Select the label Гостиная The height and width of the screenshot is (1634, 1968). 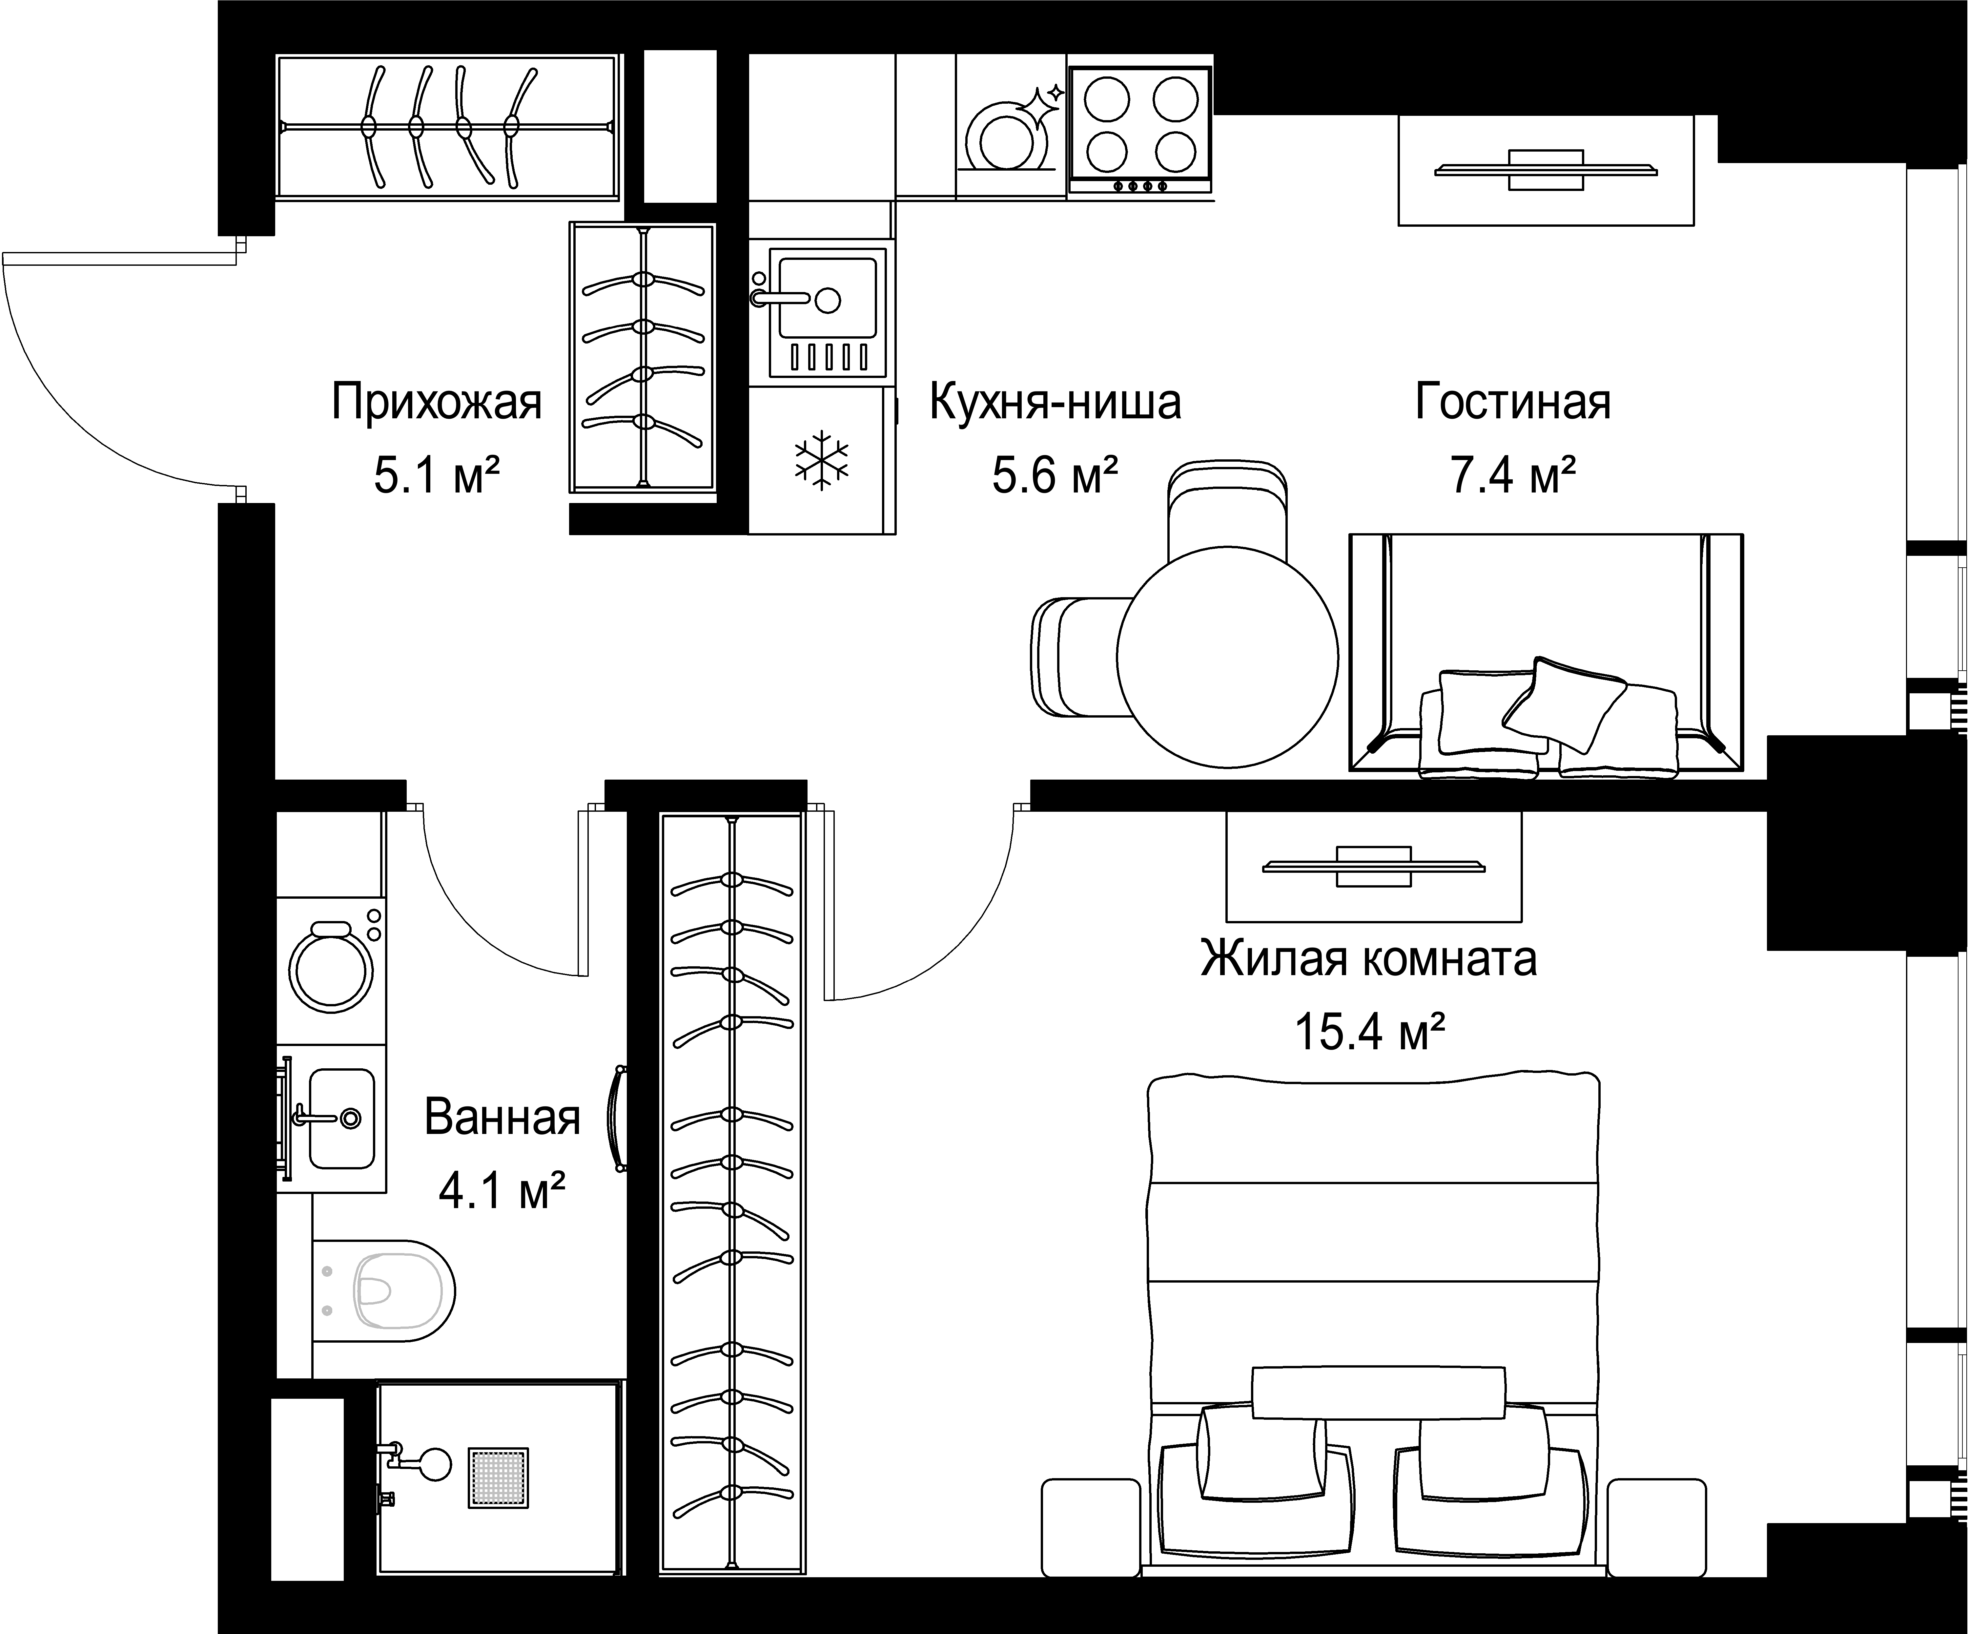tap(1512, 402)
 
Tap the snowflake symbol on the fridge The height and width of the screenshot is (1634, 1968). tap(821, 459)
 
